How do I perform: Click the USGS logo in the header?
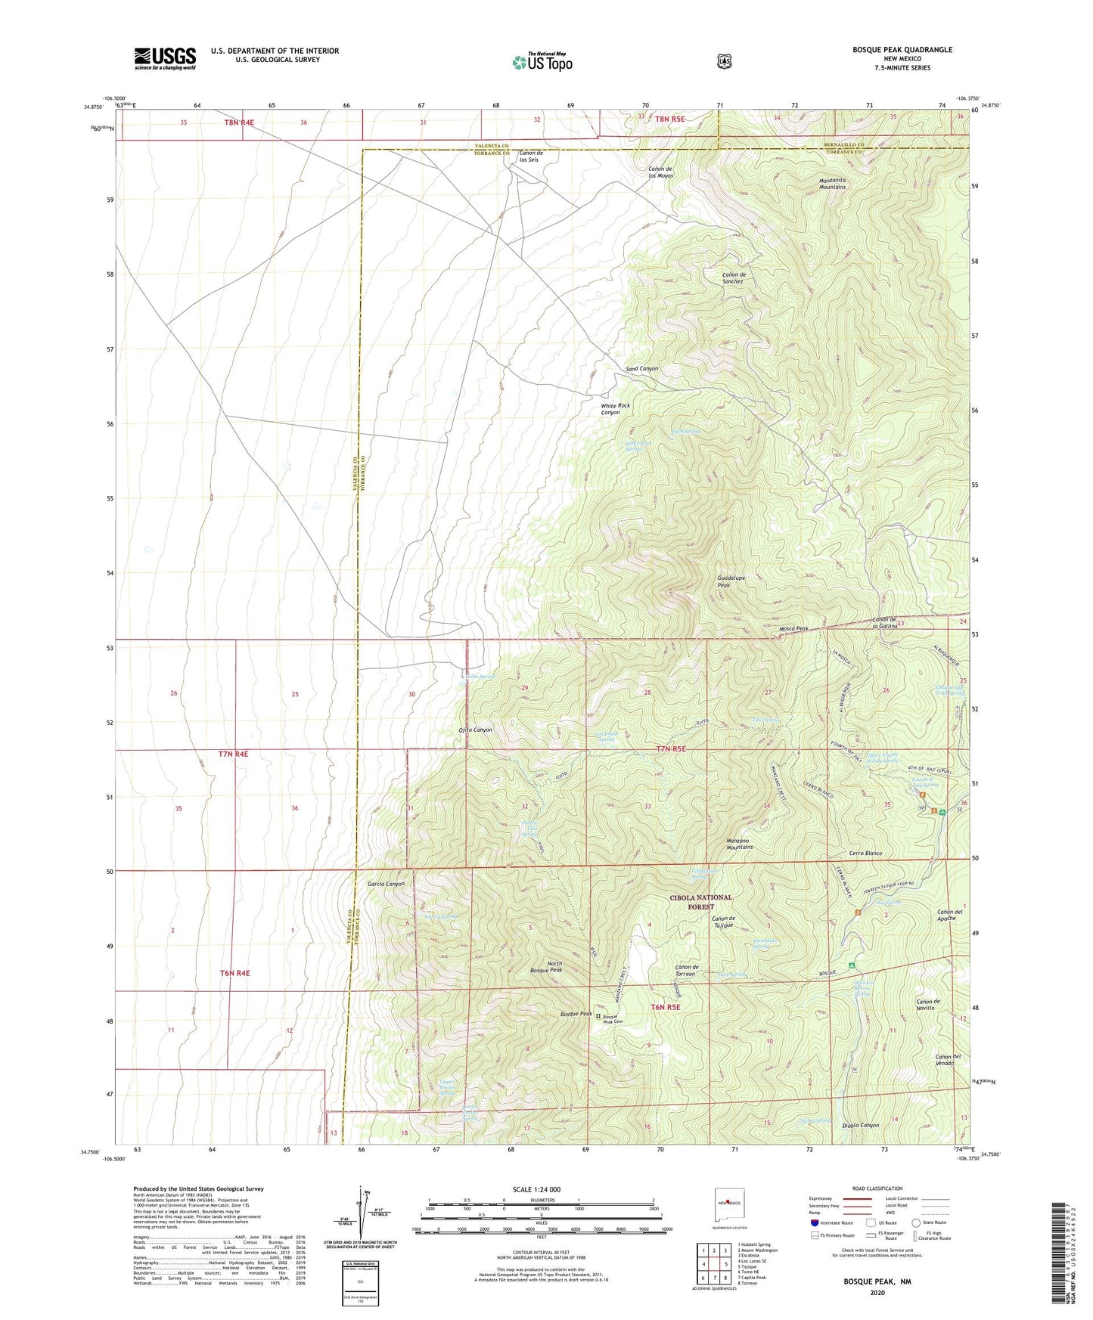click(x=165, y=58)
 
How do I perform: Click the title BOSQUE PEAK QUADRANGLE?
click(x=892, y=50)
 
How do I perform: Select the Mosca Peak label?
click(x=793, y=629)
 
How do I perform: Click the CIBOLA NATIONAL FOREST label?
click(x=700, y=902)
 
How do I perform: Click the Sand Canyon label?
click(x=641, y=369)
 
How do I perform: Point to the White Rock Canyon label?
click(x=615, y=409)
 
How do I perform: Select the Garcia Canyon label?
click(x=386, y=884)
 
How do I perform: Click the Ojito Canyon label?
click(x=475, y=730)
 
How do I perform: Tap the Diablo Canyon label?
click(x=860, y=1125)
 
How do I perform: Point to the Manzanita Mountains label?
click(x=832, y=183)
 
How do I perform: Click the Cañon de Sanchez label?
click(x=733, y=277)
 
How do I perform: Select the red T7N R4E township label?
click(x=233, y=755)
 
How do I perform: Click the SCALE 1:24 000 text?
click(x=536, y=1189)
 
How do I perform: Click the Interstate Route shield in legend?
click(x=814, y=1222)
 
